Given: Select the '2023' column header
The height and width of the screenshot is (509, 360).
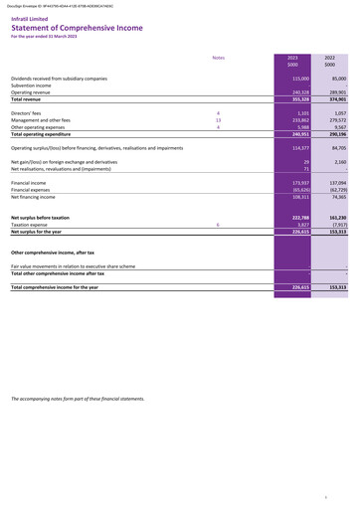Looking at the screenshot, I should (291, 59).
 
